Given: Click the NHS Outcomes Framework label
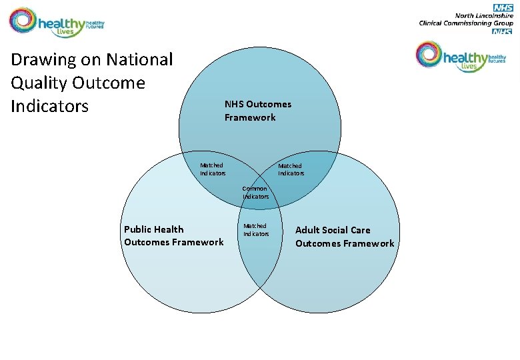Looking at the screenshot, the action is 257,111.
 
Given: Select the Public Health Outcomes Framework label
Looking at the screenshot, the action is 173,236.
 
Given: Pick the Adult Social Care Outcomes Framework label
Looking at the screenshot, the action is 345,237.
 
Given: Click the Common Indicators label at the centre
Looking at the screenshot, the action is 255,193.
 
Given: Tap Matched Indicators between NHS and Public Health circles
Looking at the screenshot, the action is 213,169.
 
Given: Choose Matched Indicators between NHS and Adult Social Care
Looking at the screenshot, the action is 290,169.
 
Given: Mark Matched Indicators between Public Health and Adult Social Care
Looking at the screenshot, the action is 255,230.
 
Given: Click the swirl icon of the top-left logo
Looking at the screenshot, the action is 23,21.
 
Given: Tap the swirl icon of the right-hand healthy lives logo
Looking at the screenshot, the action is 429,54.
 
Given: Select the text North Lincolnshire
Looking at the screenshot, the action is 483,15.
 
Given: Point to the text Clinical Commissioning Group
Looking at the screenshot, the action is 465,23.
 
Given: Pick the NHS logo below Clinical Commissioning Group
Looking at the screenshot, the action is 502,31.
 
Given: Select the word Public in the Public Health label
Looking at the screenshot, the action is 139,229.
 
